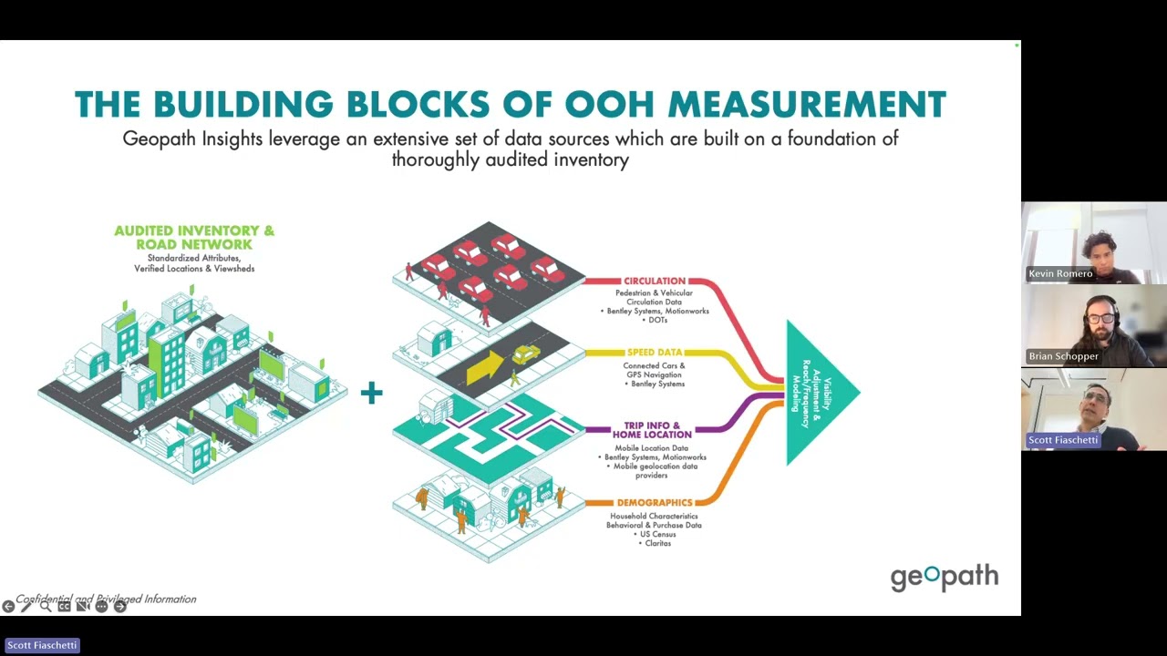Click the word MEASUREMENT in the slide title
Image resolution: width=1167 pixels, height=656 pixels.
tap(807, 105)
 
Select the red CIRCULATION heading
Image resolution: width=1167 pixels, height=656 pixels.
tap(654, 282)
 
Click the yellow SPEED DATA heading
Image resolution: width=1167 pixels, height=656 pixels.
tap(654, 353)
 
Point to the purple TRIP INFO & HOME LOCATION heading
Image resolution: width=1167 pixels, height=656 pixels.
tap(652, 430)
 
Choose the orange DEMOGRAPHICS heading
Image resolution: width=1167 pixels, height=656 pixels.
tap(654, 503)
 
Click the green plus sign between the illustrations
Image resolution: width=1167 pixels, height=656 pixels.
tap(371, 394)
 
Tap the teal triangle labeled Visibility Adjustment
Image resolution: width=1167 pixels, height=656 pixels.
tap(818, 393)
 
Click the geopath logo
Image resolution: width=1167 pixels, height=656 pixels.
tap(944, 578)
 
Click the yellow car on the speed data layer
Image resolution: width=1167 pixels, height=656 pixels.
tap(526, 354)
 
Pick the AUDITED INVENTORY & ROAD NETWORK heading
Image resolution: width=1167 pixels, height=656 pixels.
tap(193, 238)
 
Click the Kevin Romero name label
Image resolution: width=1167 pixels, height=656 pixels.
tap(1059, 273)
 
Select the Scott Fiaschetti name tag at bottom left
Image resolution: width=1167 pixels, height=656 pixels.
tap(42, 645)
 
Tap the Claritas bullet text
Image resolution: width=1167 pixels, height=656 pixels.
tap(656, 543)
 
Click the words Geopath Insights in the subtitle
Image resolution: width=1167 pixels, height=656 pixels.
tap(192, 139)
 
